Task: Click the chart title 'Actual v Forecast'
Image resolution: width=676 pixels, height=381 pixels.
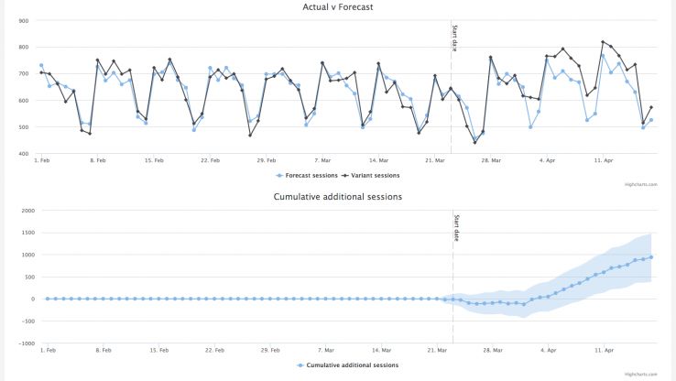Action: (x=338, y=7)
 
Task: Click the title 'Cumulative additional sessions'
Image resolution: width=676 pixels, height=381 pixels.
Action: (x=338, y=196)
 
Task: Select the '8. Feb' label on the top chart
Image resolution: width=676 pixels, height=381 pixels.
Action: (x=98, y=160)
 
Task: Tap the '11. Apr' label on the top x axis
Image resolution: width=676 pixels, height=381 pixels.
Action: (x=603, y=160)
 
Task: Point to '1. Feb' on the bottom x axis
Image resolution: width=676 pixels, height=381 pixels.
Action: (x=42, y=350)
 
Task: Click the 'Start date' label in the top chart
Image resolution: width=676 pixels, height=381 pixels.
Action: (x=454, y=37)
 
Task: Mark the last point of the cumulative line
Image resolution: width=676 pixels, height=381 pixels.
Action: (x=650, y=257)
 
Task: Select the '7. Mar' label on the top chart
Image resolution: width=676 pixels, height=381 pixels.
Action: (x=322, y=160)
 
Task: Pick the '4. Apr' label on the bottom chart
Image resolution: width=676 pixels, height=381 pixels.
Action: (x=548, y=350)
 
